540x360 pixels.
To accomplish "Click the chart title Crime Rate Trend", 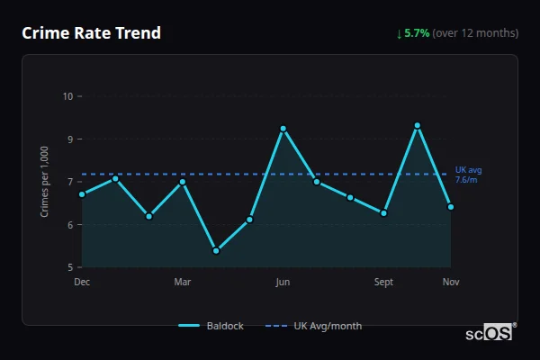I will coord(92,33).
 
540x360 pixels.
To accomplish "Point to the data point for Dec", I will coord(82,194).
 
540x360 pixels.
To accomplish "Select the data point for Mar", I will coord(183,182).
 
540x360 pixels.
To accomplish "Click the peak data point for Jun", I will coord(283,129).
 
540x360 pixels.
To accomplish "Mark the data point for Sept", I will coord(384,213).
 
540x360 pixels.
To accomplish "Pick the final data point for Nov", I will coord(451,207).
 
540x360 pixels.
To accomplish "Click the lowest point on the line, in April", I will coord(216,251).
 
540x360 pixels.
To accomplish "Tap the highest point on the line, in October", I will coord(418,125).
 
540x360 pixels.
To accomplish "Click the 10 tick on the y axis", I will coord(67,96).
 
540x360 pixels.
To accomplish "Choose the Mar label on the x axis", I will coord(183,282).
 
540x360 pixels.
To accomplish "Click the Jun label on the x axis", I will coord(283,282).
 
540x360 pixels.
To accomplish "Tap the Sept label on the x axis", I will coord(384,282).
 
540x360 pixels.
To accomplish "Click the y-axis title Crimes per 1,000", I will coord(45,182).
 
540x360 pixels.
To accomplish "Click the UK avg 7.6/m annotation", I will coord(469,175).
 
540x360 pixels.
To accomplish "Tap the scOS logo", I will coord(491,333).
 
